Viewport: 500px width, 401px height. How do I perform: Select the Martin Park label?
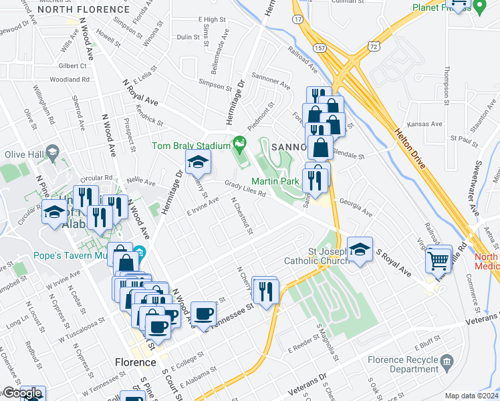(274, 180)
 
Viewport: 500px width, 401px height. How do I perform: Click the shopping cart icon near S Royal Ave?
(439, 259)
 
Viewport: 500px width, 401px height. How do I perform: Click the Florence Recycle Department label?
(402, 364)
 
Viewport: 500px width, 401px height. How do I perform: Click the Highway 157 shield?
(320, 49)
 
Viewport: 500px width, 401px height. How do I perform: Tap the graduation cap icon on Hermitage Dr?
(198, 162)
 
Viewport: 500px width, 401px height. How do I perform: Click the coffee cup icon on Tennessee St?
(203, 313)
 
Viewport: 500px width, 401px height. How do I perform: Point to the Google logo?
(22, 394)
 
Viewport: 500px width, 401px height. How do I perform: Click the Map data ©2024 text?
(471, 396)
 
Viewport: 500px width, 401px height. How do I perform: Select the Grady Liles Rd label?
(245, 188)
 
